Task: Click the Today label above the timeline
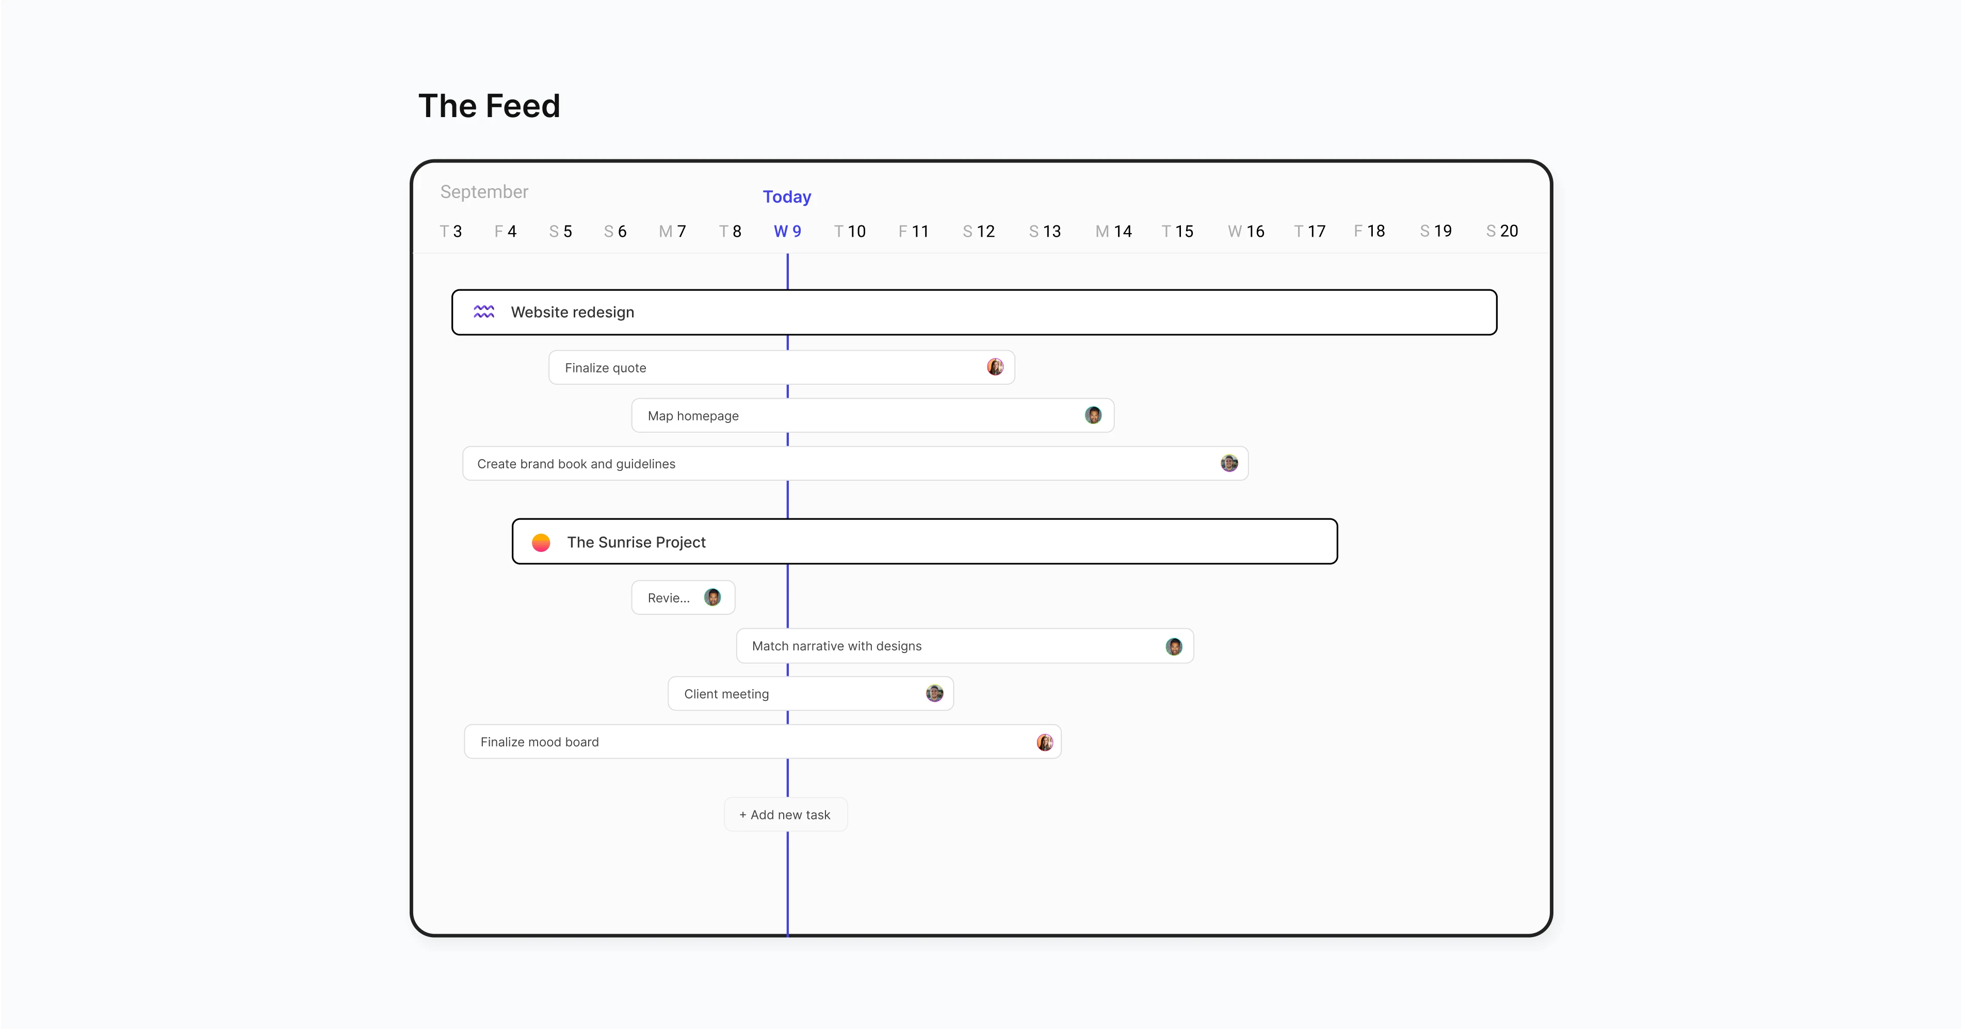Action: [x=786, y=197]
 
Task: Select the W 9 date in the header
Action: [x=787, y=232]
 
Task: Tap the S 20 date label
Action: [x=1501, y=232]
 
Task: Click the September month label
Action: [x=484, y=192]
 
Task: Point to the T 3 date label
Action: [x=451, y=232]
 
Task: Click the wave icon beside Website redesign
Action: [x=484, y=312]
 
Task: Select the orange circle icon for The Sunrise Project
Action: [x=541, y=542]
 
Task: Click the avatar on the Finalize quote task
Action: [x=995, y=367]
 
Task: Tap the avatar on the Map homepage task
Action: [x=1093, y=415]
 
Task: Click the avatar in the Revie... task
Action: [x=712, y=597]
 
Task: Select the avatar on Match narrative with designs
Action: [x=1174, y=646]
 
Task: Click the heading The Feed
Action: [x=490, y=106]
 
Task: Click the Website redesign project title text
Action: [x=573, y=312]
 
